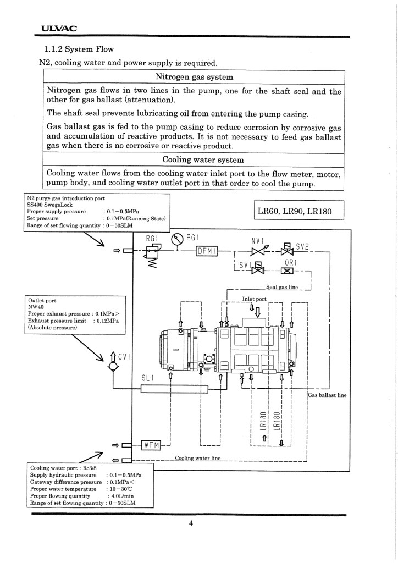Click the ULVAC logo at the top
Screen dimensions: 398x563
(x=59, y=29)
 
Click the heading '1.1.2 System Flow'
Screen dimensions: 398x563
(x=79, y=49)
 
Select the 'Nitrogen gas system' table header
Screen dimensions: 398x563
(x=194, y=77)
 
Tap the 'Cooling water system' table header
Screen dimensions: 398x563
(x=203, y=159)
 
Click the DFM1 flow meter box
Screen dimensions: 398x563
(x=207, y=251)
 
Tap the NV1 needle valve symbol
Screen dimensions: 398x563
(x=257, y=251)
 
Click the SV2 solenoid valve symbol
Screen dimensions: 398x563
(x=286, y=249)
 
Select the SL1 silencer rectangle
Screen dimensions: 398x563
(x=174, y=389)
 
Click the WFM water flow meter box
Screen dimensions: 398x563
(x=151, y=445)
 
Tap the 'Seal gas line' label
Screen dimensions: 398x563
(x=281, y=287)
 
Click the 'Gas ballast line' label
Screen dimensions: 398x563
(x=327, y=395)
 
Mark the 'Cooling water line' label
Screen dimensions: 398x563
(x=198, y=458)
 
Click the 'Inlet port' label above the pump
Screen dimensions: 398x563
(x=254, y=299)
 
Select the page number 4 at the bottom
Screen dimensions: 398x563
(x=191, y=523)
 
